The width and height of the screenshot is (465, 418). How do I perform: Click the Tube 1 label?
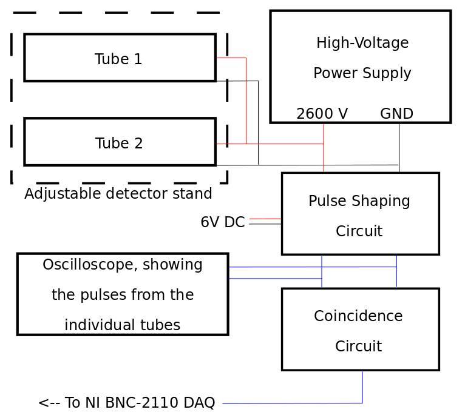coord(118,59)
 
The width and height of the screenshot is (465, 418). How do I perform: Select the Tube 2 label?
coord(119,144)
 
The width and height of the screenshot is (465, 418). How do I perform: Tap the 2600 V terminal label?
coord(322,114)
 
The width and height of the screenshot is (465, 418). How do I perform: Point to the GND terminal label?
coord(396,114)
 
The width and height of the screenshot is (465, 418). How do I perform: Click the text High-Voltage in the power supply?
coord(362,43)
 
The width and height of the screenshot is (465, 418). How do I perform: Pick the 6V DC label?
coord(222,222)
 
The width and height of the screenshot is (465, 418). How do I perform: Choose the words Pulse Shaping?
coord(359,201)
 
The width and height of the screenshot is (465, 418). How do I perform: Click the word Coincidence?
coord(358,316)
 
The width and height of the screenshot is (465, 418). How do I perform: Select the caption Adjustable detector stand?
coord(118,194)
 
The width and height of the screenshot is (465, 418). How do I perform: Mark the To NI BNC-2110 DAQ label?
coord(126,403)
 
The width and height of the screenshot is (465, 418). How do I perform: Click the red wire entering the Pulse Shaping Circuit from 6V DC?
coord(265,219)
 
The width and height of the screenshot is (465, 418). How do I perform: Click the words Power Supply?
coord(362,73)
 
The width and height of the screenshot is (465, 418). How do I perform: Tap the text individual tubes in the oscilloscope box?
coord(122,325)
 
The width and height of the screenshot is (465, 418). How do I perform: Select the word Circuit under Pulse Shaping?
coord(359,231)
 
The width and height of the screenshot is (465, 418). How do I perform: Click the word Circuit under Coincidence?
coord(358,347)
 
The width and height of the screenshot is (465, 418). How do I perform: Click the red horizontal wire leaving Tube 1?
coord(231,58)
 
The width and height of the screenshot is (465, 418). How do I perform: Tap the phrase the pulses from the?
coord(123,295)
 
